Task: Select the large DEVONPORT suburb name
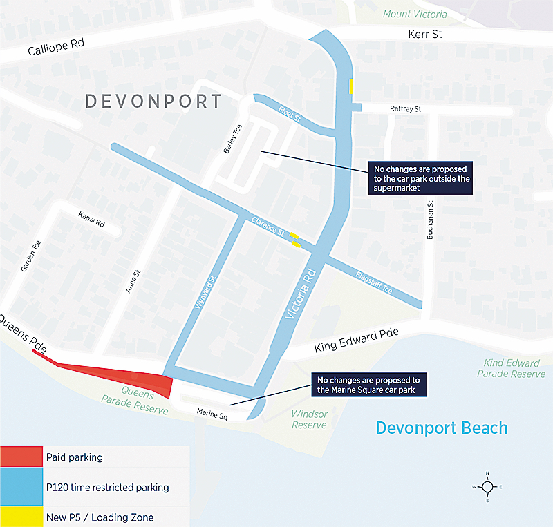[153, 102]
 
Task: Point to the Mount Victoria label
[415, 14]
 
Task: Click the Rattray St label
[406, 109]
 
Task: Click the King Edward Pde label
[357, 340]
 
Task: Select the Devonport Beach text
[442, 428]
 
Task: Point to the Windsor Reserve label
[309, 419]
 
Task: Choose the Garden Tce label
[31, 256]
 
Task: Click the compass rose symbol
[487, 487]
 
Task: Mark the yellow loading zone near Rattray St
[351, 86]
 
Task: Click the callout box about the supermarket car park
[422, 179]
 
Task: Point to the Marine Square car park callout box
[368, 385]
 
